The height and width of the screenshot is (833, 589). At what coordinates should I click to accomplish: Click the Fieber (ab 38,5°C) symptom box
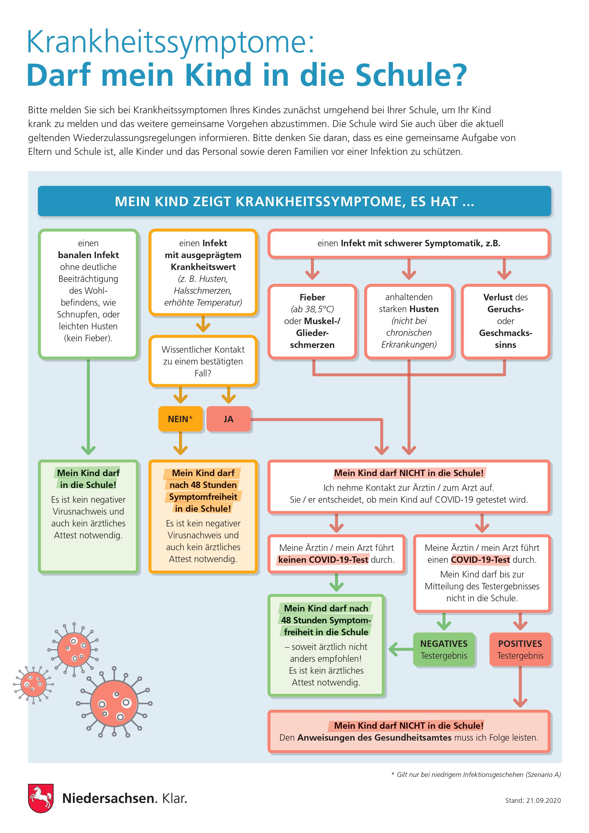(x=312, y=322)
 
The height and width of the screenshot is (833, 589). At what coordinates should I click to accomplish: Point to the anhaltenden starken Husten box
(x=409, y=322)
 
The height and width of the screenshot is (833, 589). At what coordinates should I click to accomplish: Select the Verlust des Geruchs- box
(x=506, y=322)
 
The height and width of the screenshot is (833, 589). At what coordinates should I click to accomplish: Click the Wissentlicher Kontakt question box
(x=203, y=361)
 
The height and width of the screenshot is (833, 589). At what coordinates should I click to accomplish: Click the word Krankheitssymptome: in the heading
(x=170, y=43)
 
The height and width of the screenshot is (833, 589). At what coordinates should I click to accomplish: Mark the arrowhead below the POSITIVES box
(x=520, y=703)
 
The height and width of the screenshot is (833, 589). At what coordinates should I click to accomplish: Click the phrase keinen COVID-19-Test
(x=323, y=560)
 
